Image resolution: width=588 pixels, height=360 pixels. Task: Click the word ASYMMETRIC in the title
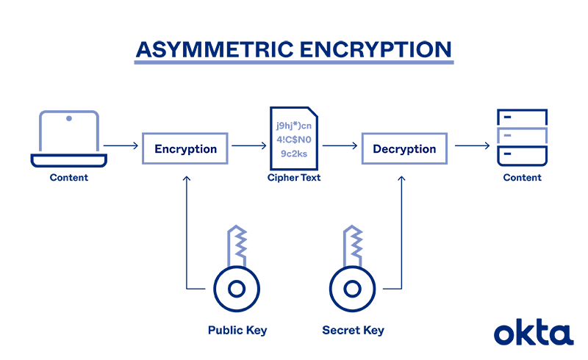coord(213,48)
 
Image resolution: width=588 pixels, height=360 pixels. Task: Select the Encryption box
coord(185,149)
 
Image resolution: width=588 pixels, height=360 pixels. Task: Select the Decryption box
coord(404,149)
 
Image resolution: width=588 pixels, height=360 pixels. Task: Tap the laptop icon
coord(68,140)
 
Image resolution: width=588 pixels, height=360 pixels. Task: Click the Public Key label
coord(237,331)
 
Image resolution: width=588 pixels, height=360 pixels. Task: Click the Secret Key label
coord(353,331)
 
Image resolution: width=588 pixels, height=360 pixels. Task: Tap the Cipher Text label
coord(294,178)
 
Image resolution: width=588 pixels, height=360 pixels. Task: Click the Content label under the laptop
coord(68,178)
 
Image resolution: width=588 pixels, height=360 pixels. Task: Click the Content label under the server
coord(522,178)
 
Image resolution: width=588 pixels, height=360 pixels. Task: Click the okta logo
coord(533,332)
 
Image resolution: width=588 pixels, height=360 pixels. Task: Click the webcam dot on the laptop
coord(68,118)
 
